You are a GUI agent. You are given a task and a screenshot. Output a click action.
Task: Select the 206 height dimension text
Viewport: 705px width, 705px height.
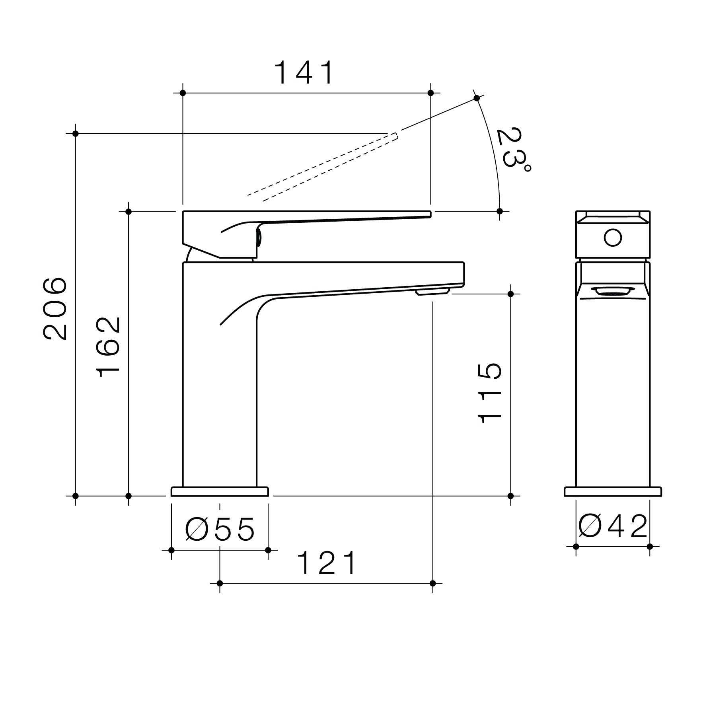55,309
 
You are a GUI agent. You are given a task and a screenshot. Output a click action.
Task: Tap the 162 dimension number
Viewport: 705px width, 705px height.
108,347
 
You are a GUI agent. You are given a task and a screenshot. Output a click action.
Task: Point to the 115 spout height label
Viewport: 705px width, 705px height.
490,393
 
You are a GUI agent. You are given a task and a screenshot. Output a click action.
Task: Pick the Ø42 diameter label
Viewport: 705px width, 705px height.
613,526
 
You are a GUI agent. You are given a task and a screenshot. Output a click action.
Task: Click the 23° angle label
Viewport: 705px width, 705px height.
513,149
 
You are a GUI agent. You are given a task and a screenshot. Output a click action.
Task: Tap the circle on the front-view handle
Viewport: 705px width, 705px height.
612,238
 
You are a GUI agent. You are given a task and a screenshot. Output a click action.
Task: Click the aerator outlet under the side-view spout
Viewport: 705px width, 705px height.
432,292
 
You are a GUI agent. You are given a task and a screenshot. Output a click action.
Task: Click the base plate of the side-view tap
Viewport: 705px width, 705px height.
220,492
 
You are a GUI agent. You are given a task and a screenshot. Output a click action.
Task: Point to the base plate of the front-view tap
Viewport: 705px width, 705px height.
613,492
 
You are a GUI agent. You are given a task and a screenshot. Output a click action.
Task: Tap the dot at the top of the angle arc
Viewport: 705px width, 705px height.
477,98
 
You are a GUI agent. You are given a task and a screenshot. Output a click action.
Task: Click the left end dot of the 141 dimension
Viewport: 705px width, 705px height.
183,93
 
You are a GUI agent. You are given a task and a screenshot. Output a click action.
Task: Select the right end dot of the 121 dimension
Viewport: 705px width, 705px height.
433,584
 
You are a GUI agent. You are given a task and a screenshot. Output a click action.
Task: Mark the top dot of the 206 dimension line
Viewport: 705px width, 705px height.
76,134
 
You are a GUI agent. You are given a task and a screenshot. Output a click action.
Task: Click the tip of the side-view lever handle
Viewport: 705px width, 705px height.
429,214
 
